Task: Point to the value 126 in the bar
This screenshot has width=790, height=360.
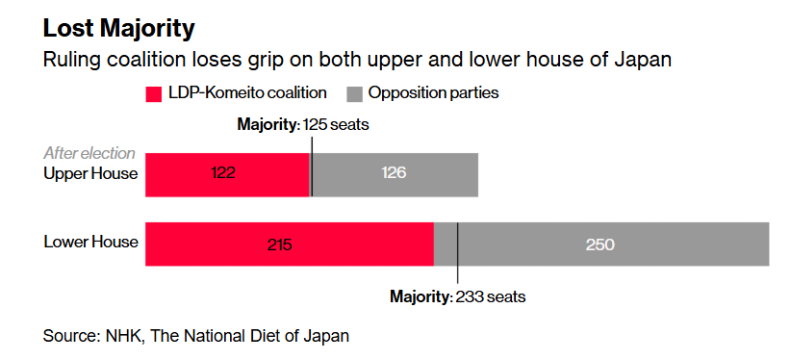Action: click(394, 174)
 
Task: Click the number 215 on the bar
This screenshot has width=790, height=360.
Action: click(279, 244)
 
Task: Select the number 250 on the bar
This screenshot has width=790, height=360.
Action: click(600, 244)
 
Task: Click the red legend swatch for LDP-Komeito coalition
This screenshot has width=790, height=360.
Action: click(154, 94)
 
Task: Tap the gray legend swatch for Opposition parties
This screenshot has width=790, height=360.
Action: click(354, 94)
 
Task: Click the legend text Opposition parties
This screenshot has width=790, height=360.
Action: click(433, 94)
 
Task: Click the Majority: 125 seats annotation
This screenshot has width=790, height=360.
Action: click(303, 125)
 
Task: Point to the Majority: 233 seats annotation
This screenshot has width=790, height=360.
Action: click(457, 296)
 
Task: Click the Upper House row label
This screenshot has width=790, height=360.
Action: click(91, 174)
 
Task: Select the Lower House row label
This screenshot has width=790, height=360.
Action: click(91, 242)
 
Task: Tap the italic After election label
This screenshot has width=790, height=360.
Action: click(89, 154)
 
